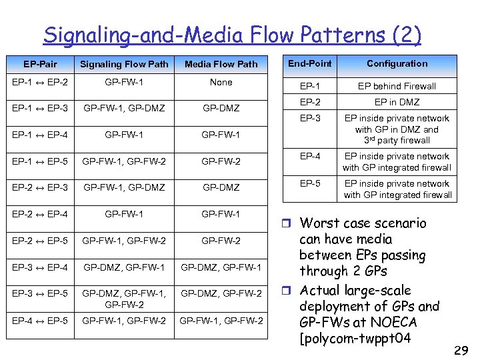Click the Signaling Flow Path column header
124,64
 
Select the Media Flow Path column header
221,64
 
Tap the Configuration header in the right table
397,63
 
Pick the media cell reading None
221,82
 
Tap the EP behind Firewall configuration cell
397,86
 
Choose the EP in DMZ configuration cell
397,102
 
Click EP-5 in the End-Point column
309,183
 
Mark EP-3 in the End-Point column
309,118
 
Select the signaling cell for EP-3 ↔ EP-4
124,267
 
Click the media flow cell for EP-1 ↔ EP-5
221,161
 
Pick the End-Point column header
309,63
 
